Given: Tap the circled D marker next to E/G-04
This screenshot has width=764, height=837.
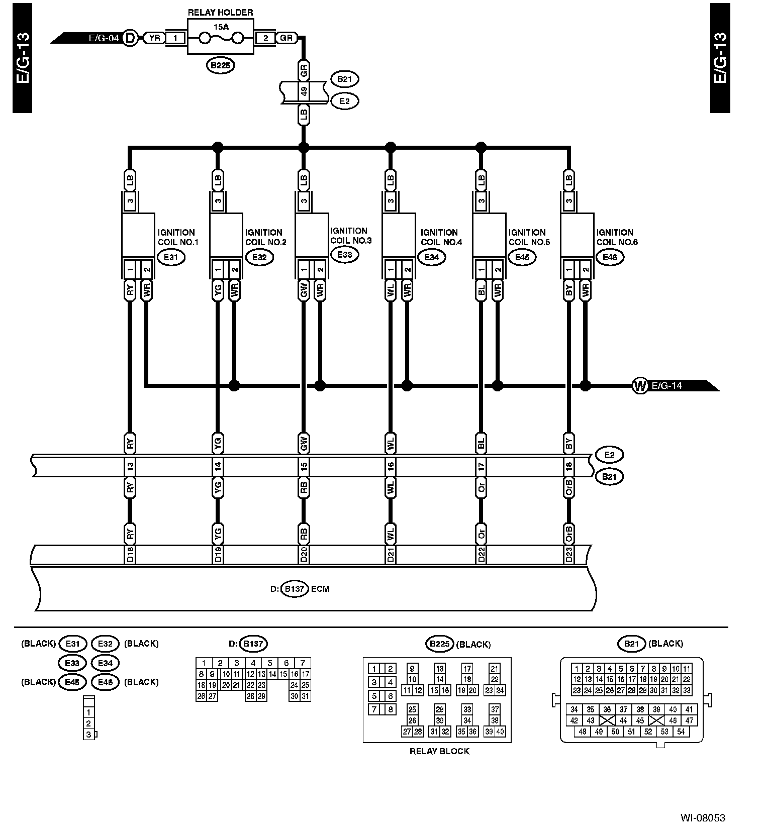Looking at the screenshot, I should pos(130,38).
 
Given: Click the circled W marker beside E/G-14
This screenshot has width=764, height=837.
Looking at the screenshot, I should pos(639,386).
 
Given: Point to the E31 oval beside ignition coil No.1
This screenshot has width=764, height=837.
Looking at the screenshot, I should pos(171,257).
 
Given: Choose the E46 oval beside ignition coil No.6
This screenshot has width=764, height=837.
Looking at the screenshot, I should pos(610,257).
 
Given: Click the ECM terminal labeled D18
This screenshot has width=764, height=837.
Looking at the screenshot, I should pos(130,555).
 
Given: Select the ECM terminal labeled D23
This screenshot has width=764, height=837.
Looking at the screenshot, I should pos(569,555).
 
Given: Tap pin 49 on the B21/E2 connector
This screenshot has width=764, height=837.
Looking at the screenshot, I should pos(304,92).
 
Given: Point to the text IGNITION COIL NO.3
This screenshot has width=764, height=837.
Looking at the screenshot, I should pos(350,236).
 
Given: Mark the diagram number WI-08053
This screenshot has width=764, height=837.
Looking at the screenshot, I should pos(703,817).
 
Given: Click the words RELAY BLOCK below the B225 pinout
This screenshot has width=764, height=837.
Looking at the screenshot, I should pos(439,751).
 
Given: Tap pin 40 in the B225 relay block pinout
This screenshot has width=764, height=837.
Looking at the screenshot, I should pos(500,731).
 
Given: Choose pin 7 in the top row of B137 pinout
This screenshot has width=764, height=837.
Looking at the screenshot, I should pos(303,663).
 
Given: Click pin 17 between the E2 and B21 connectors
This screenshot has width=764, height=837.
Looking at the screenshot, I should pos(482,467).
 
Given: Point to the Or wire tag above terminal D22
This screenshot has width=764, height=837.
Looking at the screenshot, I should pos(482,534).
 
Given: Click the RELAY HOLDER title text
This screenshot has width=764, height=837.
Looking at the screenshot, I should pos(220,13).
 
